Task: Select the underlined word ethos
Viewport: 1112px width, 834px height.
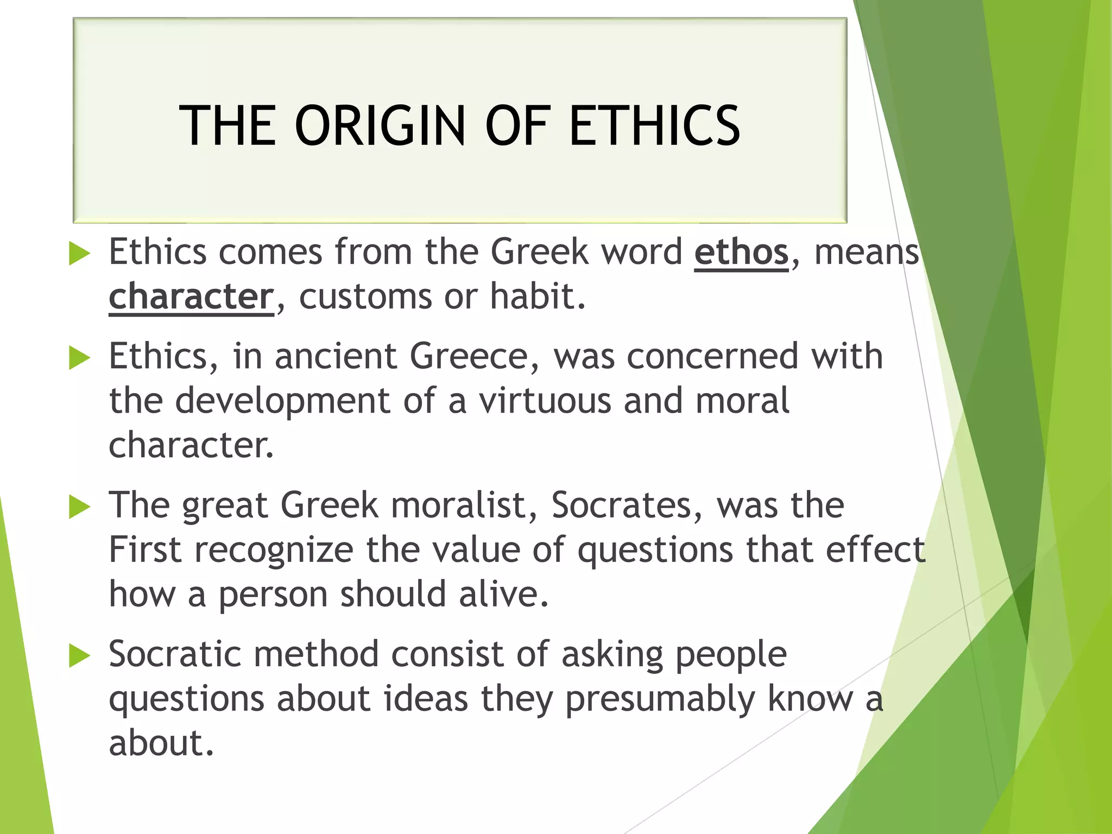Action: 741,252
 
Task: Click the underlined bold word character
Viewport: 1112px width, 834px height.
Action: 191,297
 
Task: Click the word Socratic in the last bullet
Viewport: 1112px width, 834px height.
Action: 174,654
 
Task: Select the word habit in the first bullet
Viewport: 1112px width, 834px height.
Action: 538,297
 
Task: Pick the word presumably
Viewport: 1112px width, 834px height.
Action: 660,699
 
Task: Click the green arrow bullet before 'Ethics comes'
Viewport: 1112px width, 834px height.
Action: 79,254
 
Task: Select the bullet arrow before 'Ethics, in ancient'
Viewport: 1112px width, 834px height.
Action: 79,358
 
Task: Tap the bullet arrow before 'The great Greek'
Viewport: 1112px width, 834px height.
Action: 79,507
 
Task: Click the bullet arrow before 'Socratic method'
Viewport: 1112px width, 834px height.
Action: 79,656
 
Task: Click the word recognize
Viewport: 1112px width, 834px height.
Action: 274,551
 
